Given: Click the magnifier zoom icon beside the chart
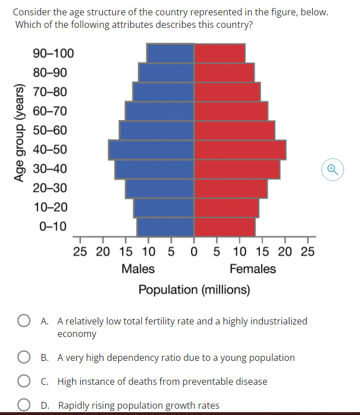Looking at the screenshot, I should pyautogui.click(x=333, y=169).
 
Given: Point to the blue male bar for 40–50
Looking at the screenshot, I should pyautogui.click(x=152, y=150).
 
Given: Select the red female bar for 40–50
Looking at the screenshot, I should pyautogui.click(x=240, y=150).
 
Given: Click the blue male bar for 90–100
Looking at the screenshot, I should pyautogui.click(x=171, y=53).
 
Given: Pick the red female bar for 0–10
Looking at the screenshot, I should pyautogui.click(x=225, y=227).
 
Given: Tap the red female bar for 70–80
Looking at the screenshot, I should pyautogui.click(x=227, y=92).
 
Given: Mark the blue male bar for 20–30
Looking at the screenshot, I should pyautogui.click(x=160, y=188).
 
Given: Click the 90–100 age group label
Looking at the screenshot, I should pyautogui.click(x=53, y=54).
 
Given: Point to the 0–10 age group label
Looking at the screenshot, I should pyautogui.click(x=53, y=227).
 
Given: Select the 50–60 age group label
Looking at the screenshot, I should pyautogui.click(x=50, y=130).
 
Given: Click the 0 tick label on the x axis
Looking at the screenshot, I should pyautogui.click(x=195, y=252).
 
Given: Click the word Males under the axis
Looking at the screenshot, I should pyautogui.click(x=138, y=269).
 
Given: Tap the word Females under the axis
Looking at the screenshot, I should pyautogui.click(x=253, y=269).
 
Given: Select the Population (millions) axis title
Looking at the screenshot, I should pyautogui.click(x=194, y=290).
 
